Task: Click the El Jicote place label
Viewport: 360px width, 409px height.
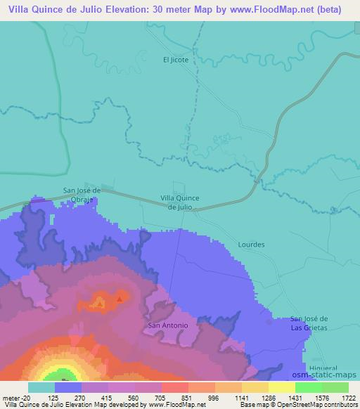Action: (x=175, y=60)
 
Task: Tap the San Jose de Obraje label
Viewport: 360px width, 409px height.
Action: (x=83, y=194)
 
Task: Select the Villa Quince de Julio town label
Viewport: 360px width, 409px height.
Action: (x=180, y=202)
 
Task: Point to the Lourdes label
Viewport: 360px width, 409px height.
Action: (x=252, y=245)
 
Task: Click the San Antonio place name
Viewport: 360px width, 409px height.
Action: (x=168, y=326)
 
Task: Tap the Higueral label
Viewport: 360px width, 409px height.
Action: (x=323, y=368)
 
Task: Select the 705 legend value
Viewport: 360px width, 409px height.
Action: (x=161, y=398)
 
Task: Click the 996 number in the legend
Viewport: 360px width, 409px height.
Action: (x=214, y=398)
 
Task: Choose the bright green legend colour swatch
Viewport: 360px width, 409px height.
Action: (x=309, y=387)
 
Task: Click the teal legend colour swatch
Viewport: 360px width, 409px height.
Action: (x=41, y=387)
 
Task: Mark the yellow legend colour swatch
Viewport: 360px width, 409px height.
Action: (x=282, y=387)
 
